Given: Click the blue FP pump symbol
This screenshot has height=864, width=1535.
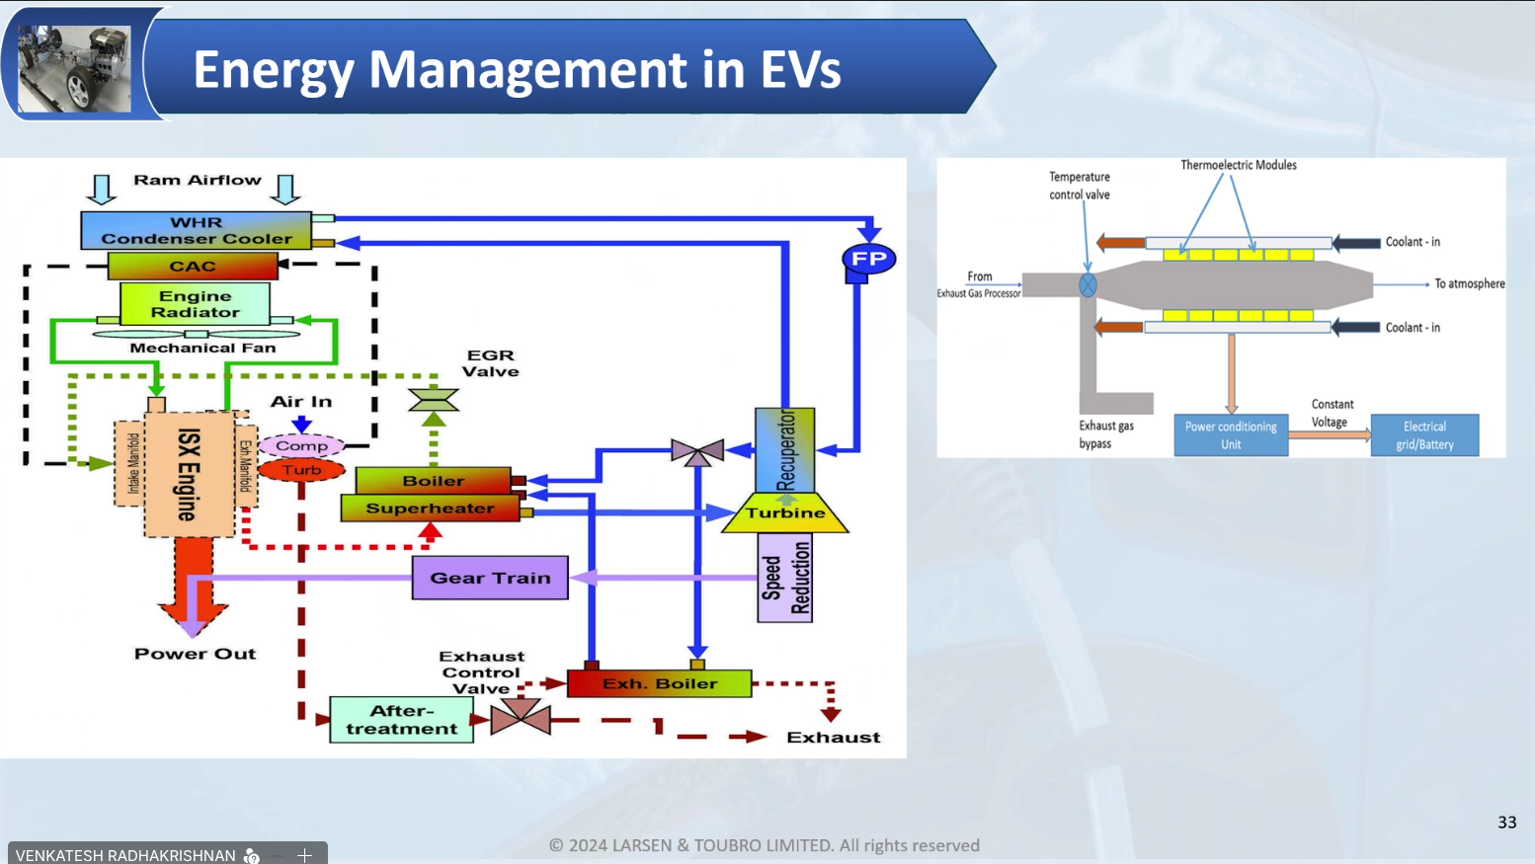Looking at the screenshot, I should (868, 260).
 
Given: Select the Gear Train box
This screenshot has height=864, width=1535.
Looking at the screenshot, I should (490, 578).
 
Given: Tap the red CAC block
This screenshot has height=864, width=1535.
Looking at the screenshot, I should (193, 266).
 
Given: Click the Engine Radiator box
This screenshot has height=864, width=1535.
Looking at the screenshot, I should (195, 304).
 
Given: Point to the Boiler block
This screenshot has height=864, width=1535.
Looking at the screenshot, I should (433, 481).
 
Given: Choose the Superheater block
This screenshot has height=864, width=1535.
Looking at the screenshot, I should (430, 509).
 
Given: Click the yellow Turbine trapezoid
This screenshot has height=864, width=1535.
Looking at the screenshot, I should (785, 513).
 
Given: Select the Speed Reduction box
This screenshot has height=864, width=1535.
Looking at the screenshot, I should (785, 578).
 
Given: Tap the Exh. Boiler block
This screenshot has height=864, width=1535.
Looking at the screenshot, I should (659, 683).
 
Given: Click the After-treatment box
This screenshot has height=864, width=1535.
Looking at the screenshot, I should (401, 720).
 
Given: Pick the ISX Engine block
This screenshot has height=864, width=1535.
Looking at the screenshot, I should (189, 474).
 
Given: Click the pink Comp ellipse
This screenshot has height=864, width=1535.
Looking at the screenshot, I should (301, 446).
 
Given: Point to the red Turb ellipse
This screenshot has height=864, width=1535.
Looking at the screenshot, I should (301, 470).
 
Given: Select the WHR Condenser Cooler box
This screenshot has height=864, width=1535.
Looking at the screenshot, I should (196, 230).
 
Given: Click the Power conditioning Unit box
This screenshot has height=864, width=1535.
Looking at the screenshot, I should (1231, 435).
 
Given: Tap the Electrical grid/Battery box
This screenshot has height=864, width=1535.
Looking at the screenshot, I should (1424, 435).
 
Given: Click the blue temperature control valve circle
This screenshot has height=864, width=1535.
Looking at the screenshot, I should (1088, 285).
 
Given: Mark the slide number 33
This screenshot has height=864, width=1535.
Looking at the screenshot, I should (1506, 823).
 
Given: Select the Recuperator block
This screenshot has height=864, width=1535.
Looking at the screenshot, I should (785, 450).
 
